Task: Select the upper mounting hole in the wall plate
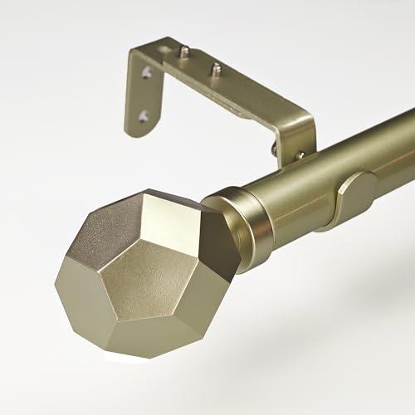click(x=147, y=74)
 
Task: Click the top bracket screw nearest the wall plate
click(x=184, y=51)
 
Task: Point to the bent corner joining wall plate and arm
click(x=154, y=54)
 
